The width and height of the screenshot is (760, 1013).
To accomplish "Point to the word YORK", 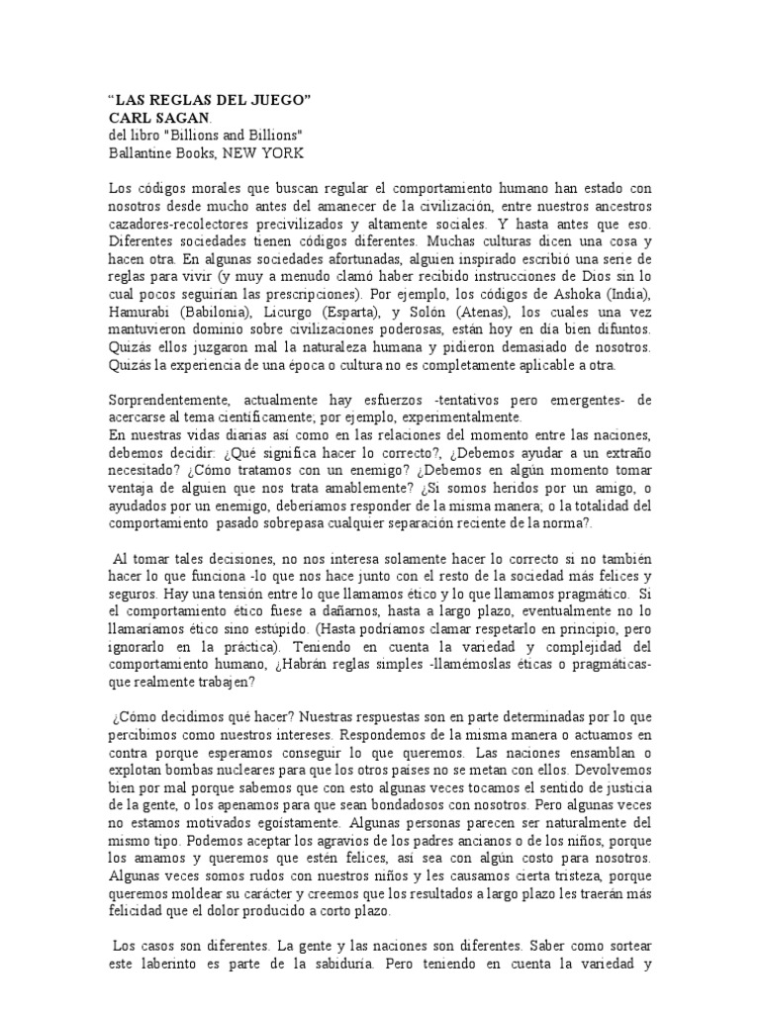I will tap(284, 152).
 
